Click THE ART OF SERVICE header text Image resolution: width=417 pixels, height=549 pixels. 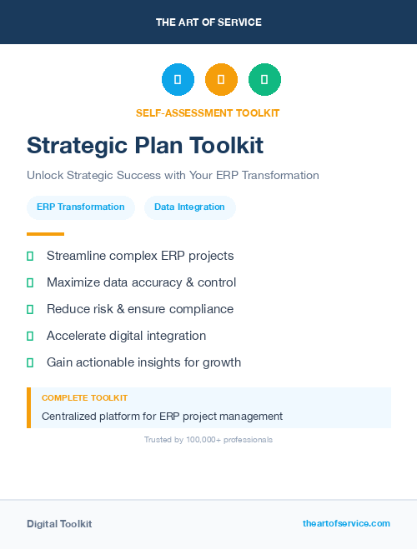click(x=208, y=22)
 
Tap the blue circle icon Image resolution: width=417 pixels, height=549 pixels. click(x=178, y=80)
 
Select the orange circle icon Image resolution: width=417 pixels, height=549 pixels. click(x=221, y=80)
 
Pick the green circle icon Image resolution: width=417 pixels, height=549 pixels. click(x=264, y=80)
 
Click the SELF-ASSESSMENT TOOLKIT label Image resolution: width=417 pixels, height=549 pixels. click(x=208, y=112)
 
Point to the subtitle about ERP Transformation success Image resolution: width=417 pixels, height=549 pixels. click(x=173, y=176)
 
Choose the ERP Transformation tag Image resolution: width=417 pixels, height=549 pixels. click(x=80, y=207)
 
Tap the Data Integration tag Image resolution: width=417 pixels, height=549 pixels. click(x=189, y=207)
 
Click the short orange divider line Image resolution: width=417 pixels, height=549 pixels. click(x=45, y=234)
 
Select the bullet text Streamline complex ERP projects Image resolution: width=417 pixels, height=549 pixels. click(x=140, y=256)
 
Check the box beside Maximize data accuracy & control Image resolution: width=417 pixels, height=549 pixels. click(x=30, y=282)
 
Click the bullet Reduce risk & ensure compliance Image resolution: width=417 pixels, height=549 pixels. click(x=140, y=309)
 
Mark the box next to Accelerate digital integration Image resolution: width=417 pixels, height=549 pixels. click(x=30, y=336)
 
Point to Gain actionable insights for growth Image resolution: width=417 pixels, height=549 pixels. click(x=143, y=362)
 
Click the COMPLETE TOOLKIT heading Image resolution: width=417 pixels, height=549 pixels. click(x=84, y=398)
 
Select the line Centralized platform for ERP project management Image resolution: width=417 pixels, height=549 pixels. click(x=162, y=416)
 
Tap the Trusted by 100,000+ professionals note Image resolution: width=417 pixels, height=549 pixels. click(x=208, y=439)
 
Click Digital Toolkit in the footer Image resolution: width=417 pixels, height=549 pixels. click(x=59, y=524)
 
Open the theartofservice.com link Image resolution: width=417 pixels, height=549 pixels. click(x=346, y=523)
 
